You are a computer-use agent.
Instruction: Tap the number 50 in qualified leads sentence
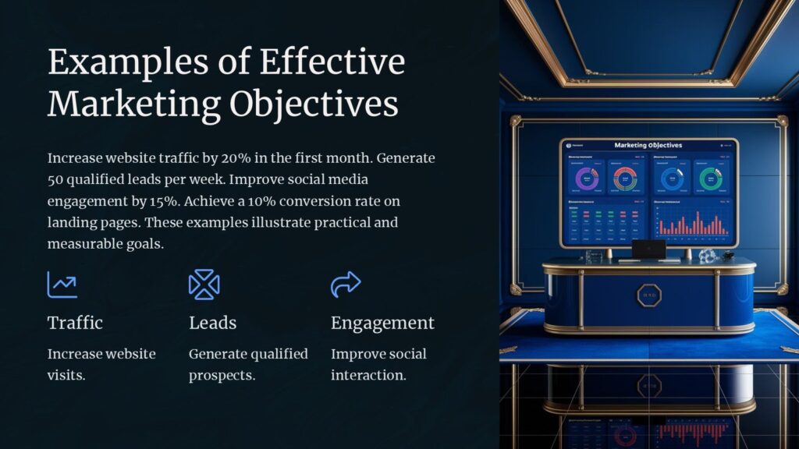tap(57, 180)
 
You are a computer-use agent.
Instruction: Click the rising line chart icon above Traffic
tap(62, 285)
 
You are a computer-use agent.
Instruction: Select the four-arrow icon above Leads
tap(204, 285)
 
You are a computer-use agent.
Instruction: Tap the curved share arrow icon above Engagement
tap(346, 285)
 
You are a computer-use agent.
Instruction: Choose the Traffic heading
tap(75, 323)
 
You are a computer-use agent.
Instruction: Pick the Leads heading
tap(212, 323)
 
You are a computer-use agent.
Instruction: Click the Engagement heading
tap(382, 323)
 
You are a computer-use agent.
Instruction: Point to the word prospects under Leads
tap(221, 375)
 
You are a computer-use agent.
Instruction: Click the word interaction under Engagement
tap(368, 375)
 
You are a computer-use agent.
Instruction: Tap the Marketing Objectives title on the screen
tap(648, 145)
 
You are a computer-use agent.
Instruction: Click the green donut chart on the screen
tap(708, 179)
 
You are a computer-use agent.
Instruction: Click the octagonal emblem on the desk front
tap(648, 295)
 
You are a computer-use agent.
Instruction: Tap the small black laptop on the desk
tap(648, 249)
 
